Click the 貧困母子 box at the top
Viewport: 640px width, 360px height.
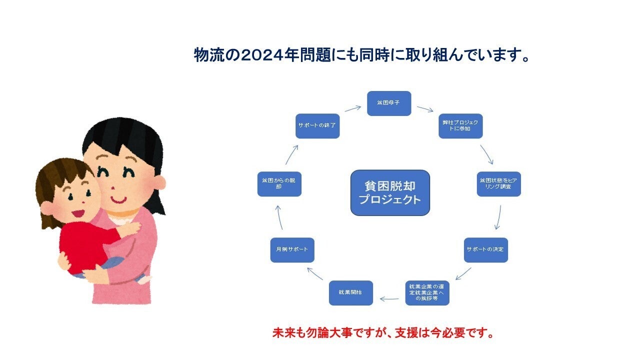click(x=389, y=103)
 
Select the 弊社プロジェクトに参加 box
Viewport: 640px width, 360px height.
click(x=460, y=126)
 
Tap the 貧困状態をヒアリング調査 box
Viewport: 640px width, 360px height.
click(x=498, y=184)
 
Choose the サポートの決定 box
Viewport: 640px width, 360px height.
click(x=485, y=249)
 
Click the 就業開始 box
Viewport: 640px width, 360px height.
click(x=351, y=292)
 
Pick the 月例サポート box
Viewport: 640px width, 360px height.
click(x=292, y=249)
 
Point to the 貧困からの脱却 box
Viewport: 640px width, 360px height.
click(x=279, y=184)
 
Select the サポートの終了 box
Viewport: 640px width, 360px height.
click(x=317, y=126)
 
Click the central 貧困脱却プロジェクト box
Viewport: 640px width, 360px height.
click(x=390, y=192)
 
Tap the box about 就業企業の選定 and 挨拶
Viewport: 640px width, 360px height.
click(x=427, y=292)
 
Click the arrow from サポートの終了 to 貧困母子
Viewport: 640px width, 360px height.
click(x=353, y=108)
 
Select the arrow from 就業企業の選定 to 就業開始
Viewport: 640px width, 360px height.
click(x=389, y=299)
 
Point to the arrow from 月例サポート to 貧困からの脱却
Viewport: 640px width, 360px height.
click(x=279, y=216)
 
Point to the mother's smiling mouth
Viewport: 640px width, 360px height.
click(x=118, y=199)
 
